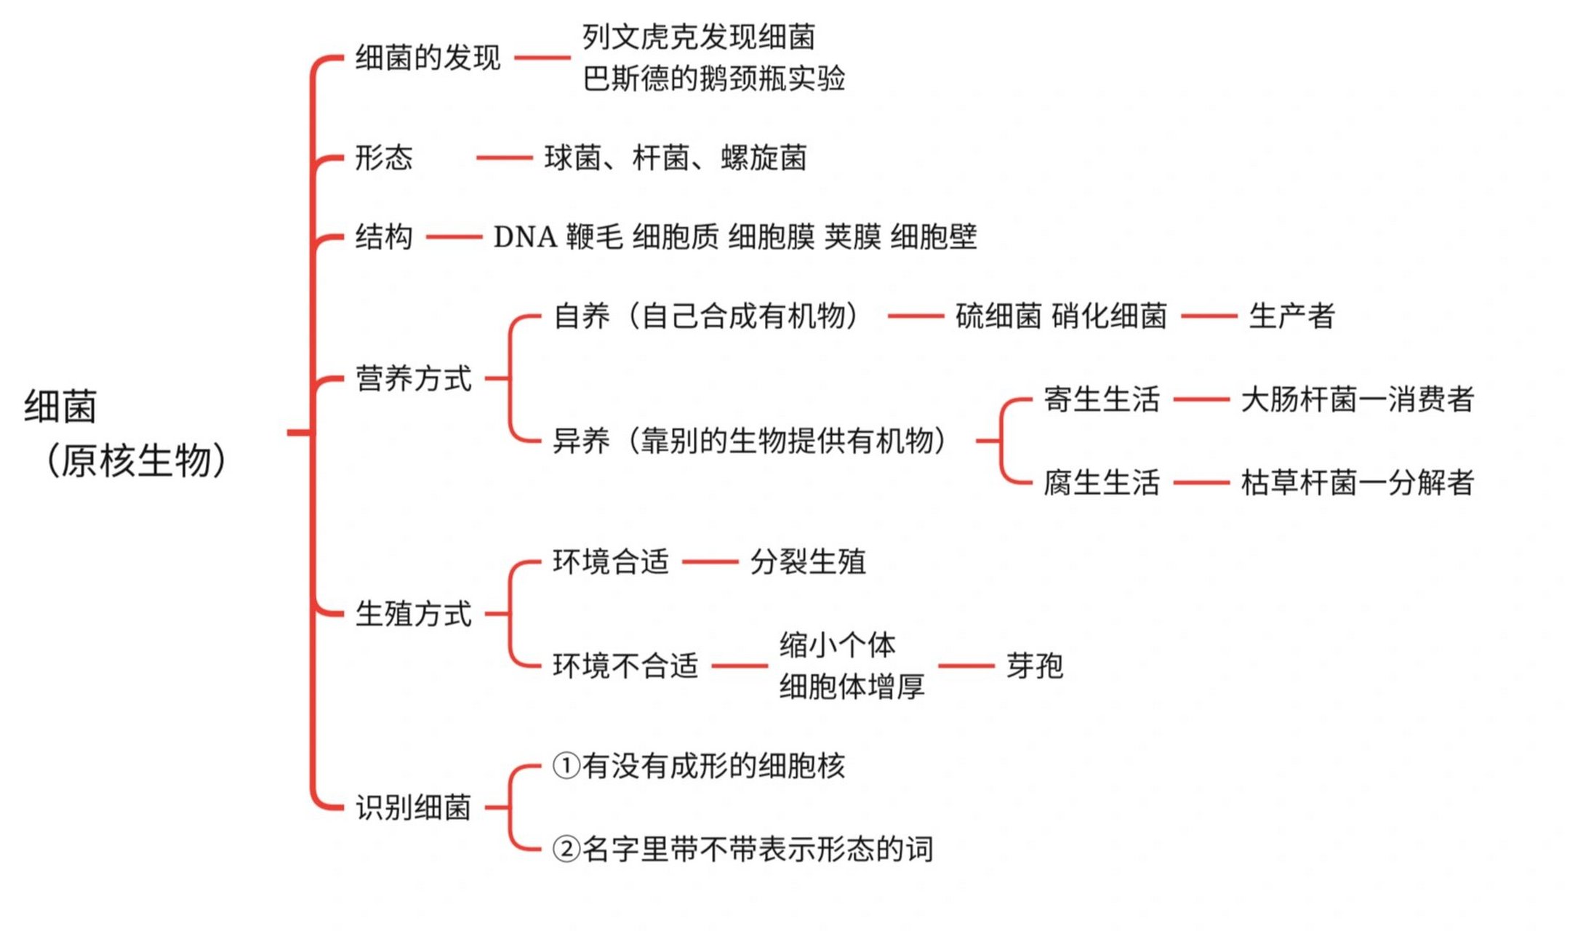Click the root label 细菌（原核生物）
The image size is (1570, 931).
[x=127, y=433]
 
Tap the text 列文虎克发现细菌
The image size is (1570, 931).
[x=698, y=37]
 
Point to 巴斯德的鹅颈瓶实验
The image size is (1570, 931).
[x=713, y=79]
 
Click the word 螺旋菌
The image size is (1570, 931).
[x=764, y=158]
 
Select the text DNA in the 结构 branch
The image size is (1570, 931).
[x=524, y=237]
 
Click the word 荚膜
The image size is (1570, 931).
[x=852, y=237]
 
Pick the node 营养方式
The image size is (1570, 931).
[x=413, y=379]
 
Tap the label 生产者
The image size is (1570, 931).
[x=1291, y=316]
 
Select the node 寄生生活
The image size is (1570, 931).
[x=1101, y=399]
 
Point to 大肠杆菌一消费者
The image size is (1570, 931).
[x=1357, y=399]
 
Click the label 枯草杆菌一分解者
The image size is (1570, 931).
[x=1357, y=482]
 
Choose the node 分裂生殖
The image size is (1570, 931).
[x=808, y=562]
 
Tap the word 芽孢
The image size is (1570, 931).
[x=1034, y=666]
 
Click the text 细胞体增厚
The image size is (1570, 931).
[x=852, y=686]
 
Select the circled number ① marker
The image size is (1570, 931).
[x=566, y=766]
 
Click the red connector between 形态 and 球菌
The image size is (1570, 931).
[x=504, y=158]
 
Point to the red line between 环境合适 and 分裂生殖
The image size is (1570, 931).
[x=710, y=562]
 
